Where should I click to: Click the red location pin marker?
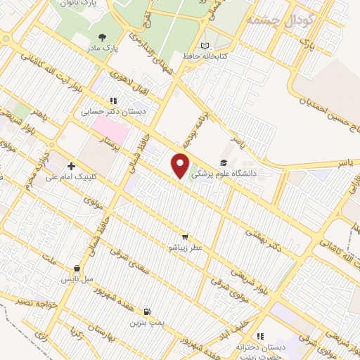coord(181,166)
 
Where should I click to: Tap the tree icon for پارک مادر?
coord(103,37)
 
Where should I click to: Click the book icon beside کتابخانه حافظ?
coord(205,46)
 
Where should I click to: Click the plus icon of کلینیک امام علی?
coord(71,166)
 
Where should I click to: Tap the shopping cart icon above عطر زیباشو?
coord(184,237)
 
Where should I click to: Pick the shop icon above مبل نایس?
coord(77,269)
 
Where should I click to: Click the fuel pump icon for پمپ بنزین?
coord(146,311)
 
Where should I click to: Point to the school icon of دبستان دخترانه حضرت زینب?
coord(261,336)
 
